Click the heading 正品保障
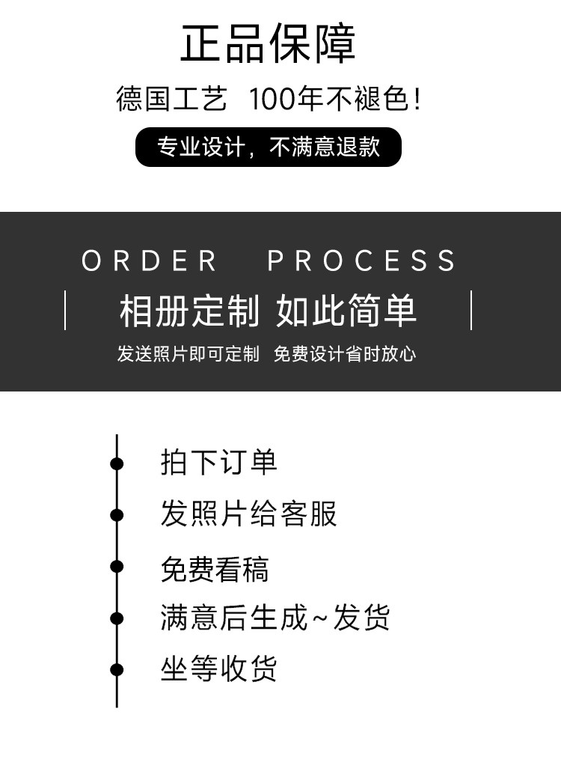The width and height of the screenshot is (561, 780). pos(268,44)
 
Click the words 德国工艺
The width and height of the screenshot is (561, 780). pos(171,99)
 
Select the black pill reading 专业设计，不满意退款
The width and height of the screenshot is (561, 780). pos(268,147)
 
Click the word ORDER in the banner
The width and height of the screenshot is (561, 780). pos(150,261)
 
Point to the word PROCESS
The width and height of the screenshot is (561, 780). pos(362,261)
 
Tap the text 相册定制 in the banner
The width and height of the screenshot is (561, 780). pos(189,311)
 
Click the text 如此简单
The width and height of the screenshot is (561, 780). pos(346,311)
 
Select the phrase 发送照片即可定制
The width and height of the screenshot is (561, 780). pos(188,354)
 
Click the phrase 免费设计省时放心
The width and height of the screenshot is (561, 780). pos(345,354)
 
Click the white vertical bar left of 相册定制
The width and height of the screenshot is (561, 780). pos(65,310)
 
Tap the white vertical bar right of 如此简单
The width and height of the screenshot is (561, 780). pos(471,310)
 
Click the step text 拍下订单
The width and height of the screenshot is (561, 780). pos(218,462)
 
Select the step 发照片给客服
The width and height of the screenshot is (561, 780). pos(248,514)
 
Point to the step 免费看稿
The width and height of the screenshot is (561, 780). pos(214,569)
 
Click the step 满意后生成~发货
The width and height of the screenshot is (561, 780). pos(275,618)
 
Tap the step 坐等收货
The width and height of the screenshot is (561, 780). pos(218,668)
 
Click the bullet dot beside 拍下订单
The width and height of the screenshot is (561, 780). pos(117,463)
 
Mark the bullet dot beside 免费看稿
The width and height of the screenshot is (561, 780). pos(117,567)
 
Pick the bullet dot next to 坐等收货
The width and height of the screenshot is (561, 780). pos(117,669)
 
